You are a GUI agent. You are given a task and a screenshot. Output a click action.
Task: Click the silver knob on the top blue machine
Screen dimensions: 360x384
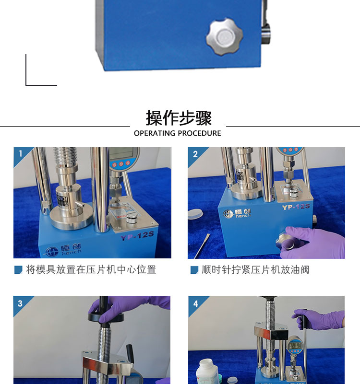tap(224, 37)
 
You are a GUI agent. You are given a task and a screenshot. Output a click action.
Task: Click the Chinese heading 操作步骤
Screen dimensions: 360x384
tap(179, 118)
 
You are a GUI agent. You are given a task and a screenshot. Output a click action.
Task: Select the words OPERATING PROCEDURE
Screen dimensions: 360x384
tap(177, 133)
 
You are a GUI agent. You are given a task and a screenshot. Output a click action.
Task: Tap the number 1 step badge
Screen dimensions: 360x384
tap(21, 153)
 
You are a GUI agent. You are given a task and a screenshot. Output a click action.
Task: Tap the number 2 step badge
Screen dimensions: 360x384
tap(195, 154)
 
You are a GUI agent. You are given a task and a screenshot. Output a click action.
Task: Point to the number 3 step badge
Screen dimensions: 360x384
tap(20, 303)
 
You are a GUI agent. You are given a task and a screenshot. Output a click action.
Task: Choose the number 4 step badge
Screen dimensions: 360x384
tap(195, 304)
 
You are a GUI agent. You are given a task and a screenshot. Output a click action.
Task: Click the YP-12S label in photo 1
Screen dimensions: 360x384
tap(137, 235)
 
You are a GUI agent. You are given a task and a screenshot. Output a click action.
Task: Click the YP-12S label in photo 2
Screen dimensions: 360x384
tap(296, 207)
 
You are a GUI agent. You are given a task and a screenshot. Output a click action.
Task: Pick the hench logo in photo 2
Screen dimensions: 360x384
tap(237, 213)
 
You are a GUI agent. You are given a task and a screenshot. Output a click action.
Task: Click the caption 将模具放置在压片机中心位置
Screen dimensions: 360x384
tap(91, 269)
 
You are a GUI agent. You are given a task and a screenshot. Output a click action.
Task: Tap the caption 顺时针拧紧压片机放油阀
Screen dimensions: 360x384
tap(255, 269)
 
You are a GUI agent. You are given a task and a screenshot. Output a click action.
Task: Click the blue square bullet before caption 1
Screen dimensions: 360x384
tap(18, 270)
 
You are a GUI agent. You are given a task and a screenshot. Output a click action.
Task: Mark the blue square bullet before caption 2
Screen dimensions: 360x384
tap(194, 270)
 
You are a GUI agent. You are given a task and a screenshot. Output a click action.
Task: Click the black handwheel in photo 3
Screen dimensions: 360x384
tap(106, 317)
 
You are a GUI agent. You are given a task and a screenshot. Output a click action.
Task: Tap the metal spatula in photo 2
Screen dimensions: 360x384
tap(202, 245)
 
